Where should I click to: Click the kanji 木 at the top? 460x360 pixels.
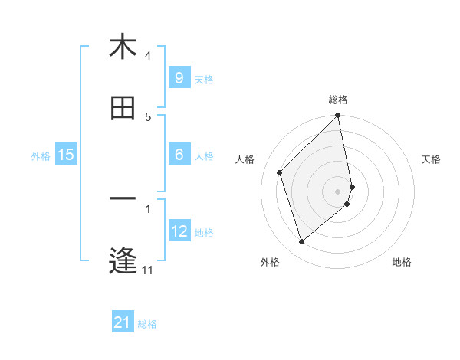click(x=123, y=47)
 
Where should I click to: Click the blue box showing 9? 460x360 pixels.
click(x=179, y=77)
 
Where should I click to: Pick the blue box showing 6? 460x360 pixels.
click(x=179, y=155)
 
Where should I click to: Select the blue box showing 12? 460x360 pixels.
click(x=179, y=231)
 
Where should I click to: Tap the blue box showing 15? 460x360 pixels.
click(x=66, y=155)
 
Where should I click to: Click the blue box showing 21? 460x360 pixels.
click(x=123, y=322)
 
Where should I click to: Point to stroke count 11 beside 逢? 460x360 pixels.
click(x=147, y=270)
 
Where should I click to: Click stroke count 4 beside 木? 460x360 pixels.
click(x=148, y=56)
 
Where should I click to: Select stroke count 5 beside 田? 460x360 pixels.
click(x=148, y=117)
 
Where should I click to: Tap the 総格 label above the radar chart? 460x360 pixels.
click(x=338, y=100)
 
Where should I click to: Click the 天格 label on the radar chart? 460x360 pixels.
click(x=432, y=159)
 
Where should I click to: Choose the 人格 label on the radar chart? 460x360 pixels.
click(x=245, y=159)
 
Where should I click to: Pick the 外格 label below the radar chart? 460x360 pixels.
click(x=269, y=262)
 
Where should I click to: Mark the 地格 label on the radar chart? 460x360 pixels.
click(x=402, y=262)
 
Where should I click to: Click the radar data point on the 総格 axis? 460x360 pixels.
click(x=338, y=116)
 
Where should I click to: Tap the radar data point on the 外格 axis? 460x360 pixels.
click(x=301, y=242)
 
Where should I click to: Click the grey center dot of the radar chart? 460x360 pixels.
click(x=338, y=191)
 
